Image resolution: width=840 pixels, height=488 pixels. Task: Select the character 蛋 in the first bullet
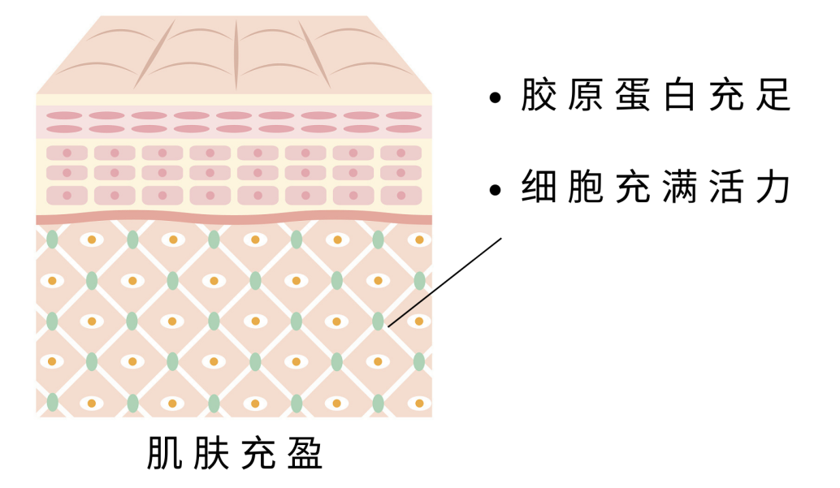[x=639, y=96]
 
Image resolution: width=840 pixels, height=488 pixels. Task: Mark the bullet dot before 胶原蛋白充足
[x=496, y=98]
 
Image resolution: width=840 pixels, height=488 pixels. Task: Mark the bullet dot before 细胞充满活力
[x=496, y=190]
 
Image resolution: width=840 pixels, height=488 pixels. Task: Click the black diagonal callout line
[x=445, y=282]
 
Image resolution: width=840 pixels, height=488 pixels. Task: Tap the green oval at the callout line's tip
[x=378, y=322]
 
